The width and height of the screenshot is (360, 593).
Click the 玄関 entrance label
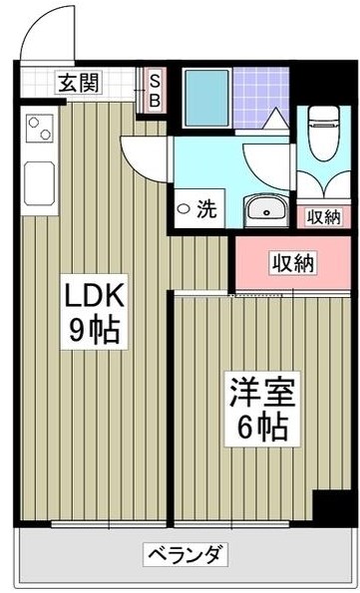76,83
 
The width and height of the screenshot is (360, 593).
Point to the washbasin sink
264,209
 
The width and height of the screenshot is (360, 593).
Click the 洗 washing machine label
205,209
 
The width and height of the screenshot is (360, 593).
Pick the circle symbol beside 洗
183,209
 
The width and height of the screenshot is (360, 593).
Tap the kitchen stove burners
40,130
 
